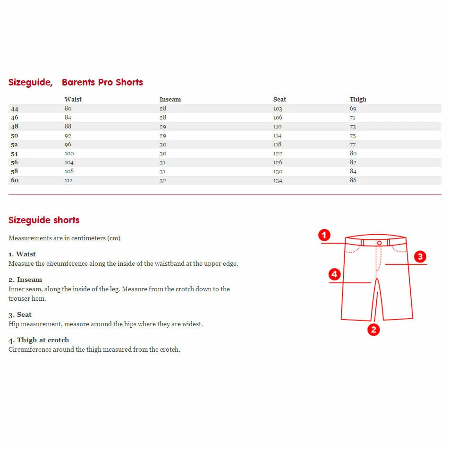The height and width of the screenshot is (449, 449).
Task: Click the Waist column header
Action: (x=73, y=99)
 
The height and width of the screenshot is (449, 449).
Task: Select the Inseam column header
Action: (x=170, y=99)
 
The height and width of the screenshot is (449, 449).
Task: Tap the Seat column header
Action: (x=280, y=99)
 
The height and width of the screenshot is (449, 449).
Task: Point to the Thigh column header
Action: (x=358, y=99)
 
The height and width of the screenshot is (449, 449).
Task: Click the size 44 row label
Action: (x=15, y=109)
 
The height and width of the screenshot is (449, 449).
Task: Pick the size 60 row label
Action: (x=15, y=180)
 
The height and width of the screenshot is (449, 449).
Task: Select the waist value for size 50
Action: (x=68, y=136)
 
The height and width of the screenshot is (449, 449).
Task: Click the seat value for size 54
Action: (x=278, y=153)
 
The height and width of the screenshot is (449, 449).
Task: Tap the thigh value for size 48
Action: (x=353, y=127)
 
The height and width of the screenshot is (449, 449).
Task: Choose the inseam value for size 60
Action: (x=163, y=180)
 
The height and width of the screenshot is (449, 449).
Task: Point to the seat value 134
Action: (x=278, y=180)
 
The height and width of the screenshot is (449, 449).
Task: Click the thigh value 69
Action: (x=353, y=109)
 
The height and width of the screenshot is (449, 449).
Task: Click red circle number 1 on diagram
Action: (x=324, y=235)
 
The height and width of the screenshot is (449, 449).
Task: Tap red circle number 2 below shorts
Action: (x=373, y=330)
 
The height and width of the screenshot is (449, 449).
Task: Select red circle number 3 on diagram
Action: (x=420, y=257)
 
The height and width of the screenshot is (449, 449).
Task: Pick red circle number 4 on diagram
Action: (x=334, y=274)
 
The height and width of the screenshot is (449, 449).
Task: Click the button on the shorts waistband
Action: (x=379, y=242)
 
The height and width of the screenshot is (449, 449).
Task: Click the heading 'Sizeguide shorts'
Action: (x=44, y=220)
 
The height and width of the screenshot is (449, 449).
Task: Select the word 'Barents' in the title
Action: (x=78, y=82)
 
